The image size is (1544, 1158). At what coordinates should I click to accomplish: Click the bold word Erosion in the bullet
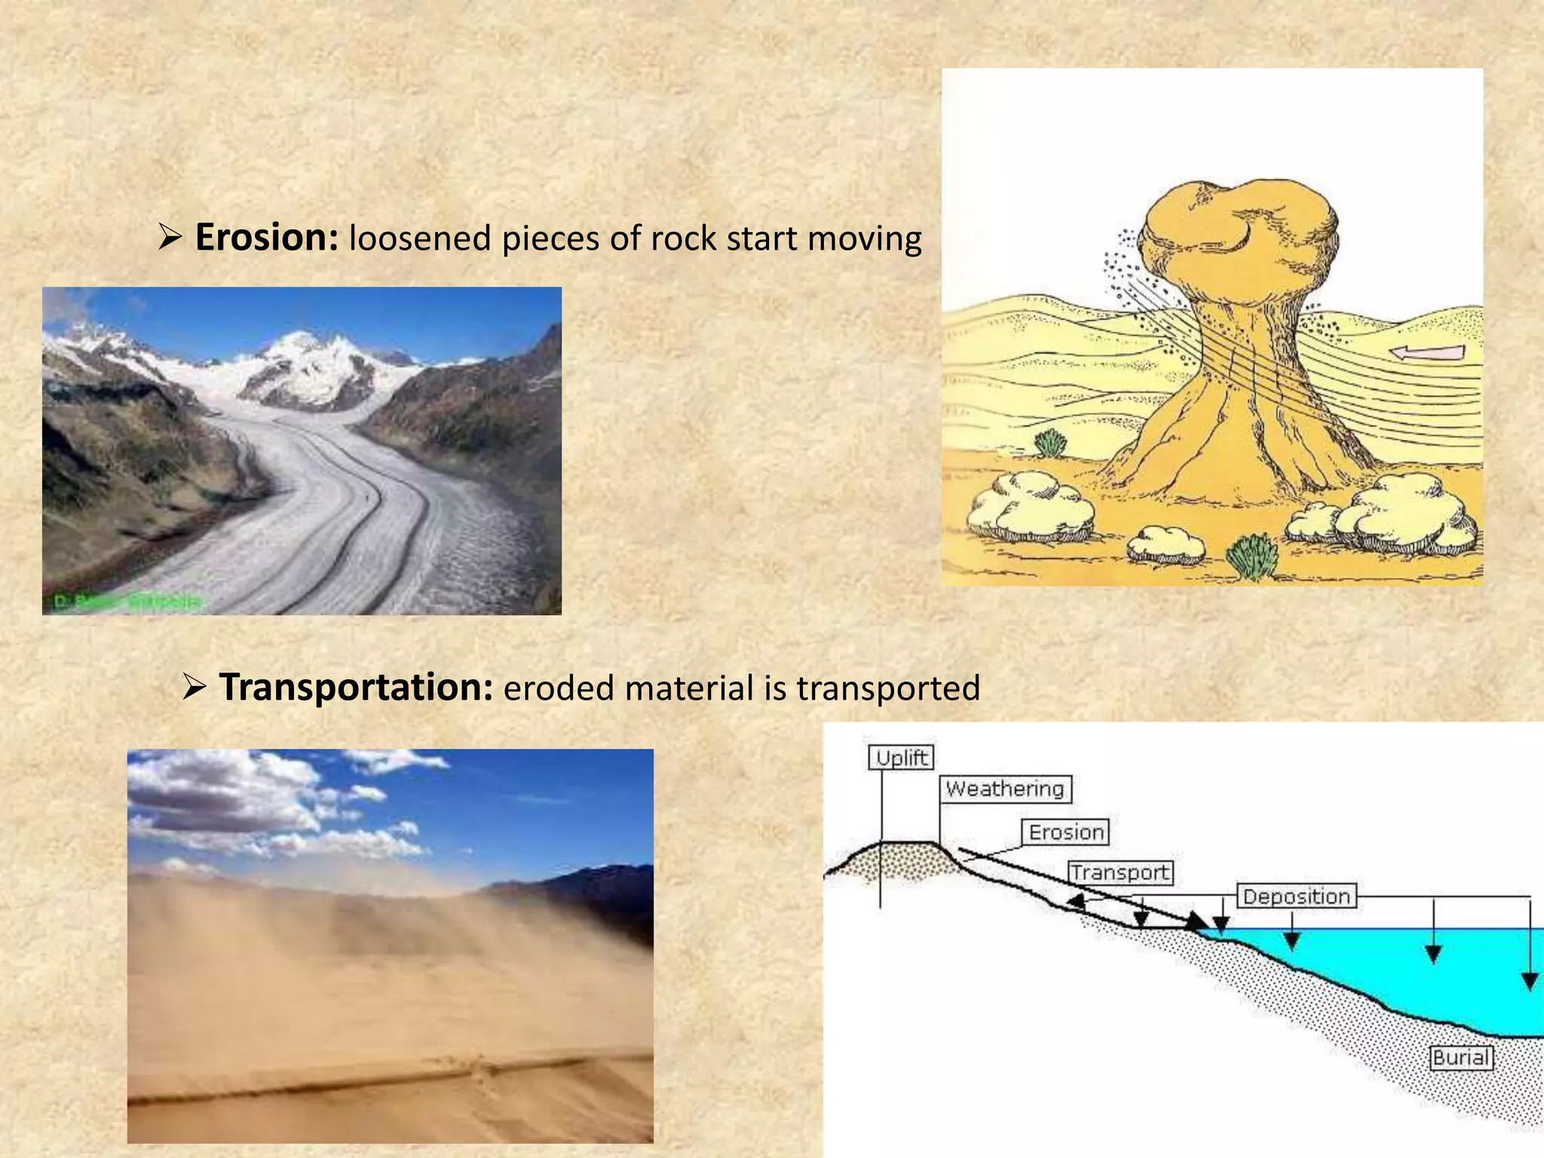point(266,237)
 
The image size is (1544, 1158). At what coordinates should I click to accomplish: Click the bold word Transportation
point(356,688)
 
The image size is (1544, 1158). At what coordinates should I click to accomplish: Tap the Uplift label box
point(902,758)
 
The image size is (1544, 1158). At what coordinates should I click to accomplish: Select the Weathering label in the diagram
point(1006,789)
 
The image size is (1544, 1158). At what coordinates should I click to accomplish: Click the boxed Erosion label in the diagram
point(1066,832)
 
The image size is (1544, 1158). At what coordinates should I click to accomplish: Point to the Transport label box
point(1121,873)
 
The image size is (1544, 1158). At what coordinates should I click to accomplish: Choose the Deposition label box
point(1296,896)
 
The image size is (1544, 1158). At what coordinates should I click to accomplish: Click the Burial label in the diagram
point(1461,1058)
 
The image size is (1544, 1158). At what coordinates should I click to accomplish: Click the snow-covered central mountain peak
point(302,354)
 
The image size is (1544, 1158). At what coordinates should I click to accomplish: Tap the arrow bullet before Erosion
point(170,239)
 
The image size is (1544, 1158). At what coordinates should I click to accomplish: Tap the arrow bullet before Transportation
point(195,688)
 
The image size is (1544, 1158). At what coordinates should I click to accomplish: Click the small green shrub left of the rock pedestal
point(1050,443)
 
